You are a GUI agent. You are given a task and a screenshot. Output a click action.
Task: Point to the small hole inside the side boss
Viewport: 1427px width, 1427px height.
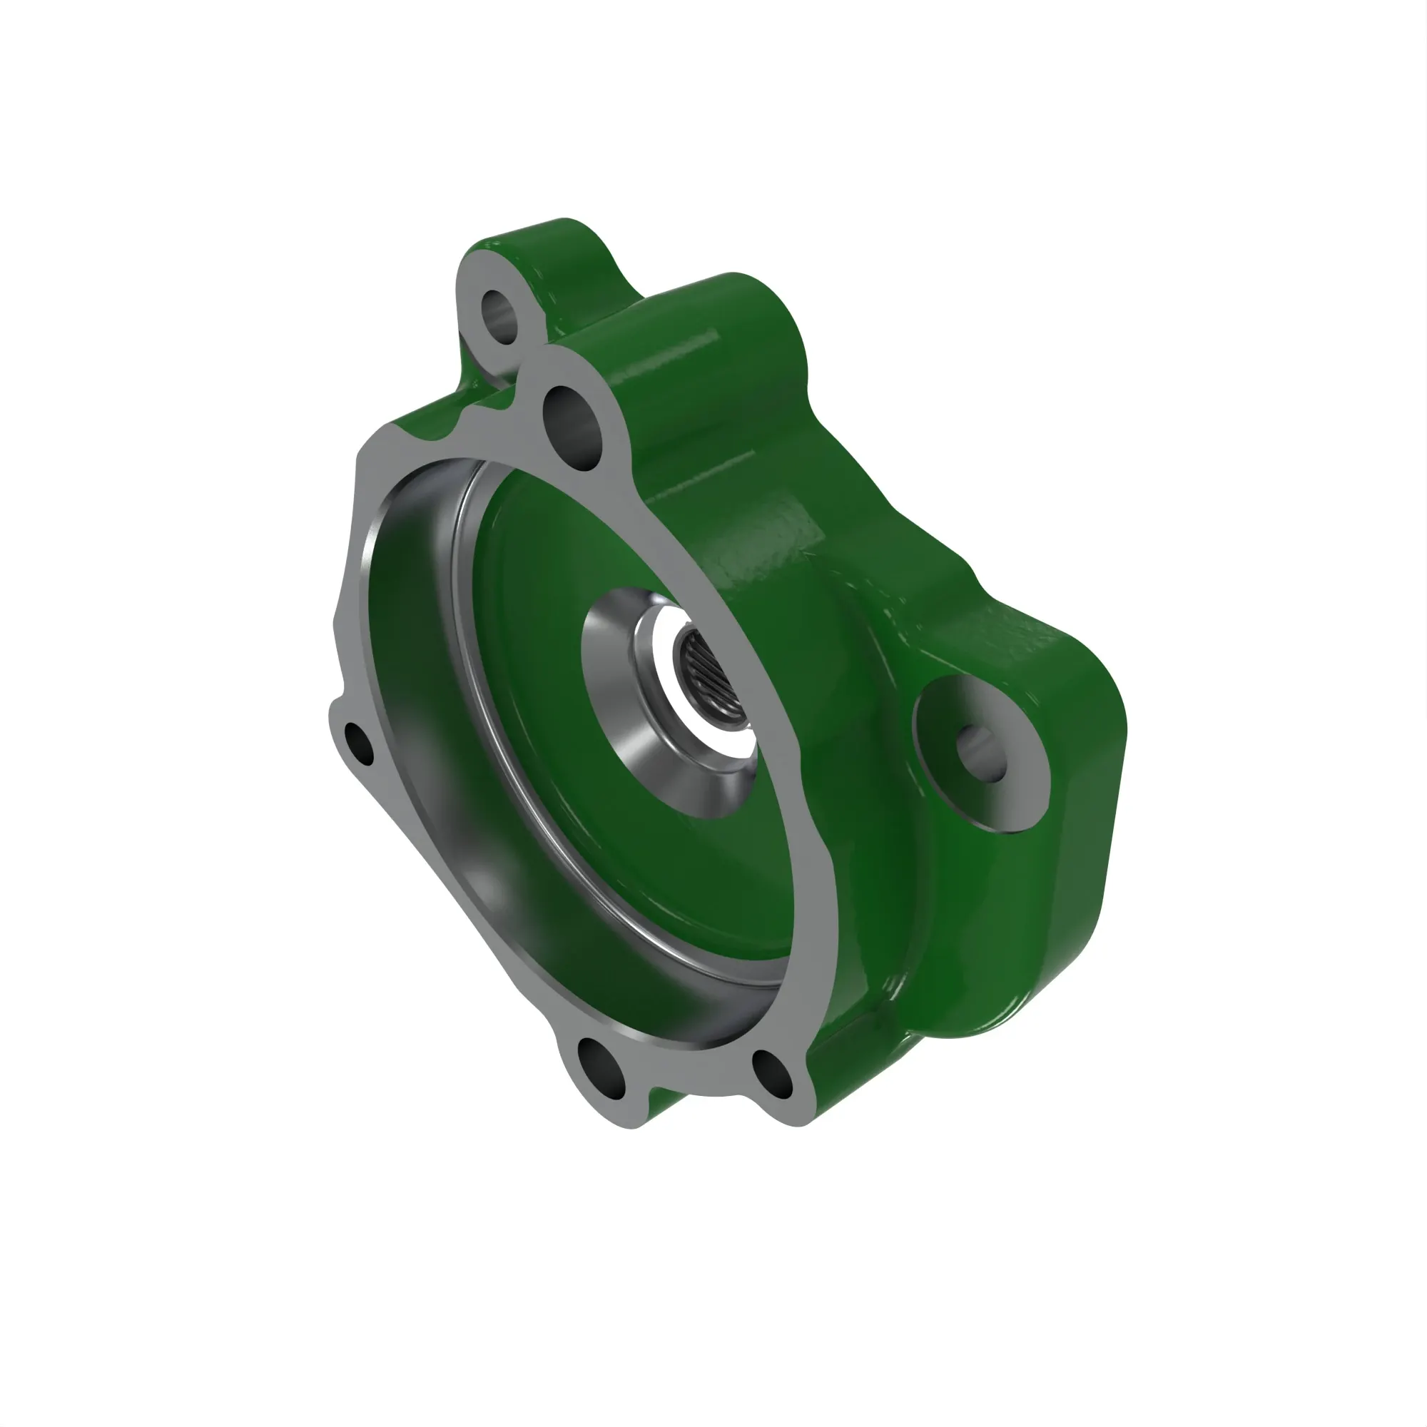[x=981, y=752]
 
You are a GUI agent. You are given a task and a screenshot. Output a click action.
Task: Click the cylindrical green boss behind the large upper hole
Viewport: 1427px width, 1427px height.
[x=723, y=355]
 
